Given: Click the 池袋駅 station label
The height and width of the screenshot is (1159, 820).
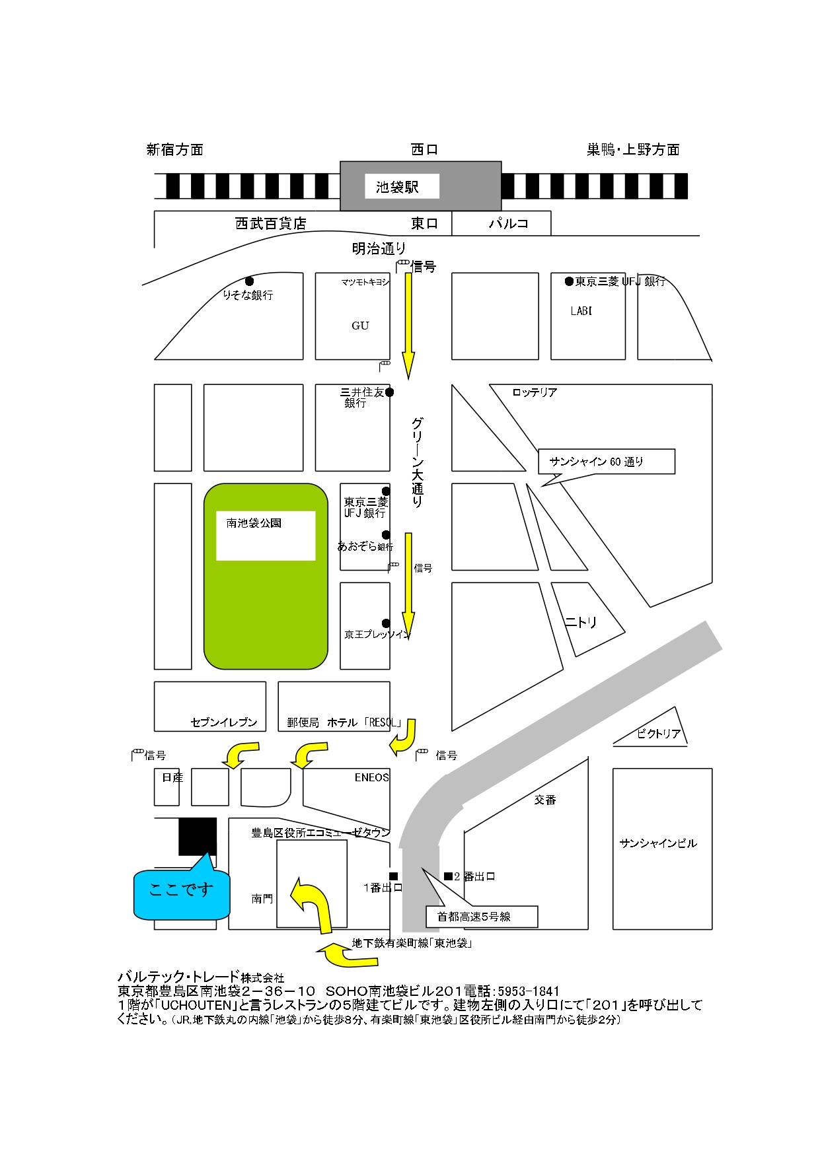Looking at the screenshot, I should [398, 187].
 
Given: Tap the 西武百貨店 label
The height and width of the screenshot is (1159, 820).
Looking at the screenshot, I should [271, 223].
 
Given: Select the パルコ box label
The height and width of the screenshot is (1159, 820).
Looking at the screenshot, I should [508, 223].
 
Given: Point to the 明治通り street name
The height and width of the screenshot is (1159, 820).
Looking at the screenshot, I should [379, 248].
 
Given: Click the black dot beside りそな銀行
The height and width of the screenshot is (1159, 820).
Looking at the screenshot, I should [249, 281].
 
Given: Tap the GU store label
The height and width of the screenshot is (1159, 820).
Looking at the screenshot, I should [360, 326].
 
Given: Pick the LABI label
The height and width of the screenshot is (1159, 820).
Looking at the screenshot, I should [581, 311].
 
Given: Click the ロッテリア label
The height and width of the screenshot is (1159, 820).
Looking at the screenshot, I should [535, 392].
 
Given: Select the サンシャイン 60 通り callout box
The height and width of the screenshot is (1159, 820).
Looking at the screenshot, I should [606, 462].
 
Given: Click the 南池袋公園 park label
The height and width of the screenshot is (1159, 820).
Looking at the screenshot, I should [254, 523].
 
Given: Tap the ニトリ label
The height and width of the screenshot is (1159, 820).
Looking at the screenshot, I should [581, 622].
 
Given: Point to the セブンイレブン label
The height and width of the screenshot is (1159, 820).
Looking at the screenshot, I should [223, 722].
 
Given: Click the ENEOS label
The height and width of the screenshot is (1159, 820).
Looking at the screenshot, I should [371, 777].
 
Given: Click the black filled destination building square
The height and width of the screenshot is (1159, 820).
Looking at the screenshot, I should [198, 836].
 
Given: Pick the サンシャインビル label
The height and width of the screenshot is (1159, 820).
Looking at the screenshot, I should [658, 843].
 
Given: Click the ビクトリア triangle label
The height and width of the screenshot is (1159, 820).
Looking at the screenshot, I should [659, 734].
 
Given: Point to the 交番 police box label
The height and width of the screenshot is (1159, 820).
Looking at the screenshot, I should [545, 800].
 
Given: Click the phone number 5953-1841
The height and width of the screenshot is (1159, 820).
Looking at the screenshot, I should [528, 991].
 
